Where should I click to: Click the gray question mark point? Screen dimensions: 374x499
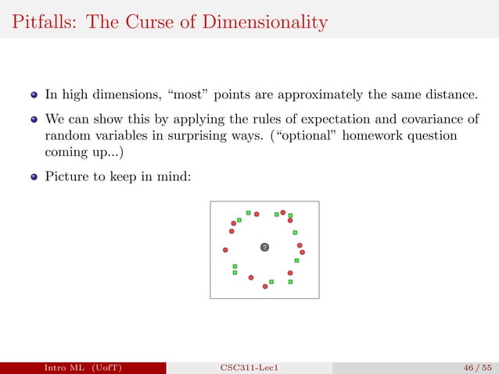[264, 248]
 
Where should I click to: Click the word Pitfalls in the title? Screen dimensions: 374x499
[40, 23]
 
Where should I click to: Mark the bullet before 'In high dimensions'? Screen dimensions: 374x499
[34, 96]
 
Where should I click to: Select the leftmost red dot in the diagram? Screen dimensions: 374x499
[225, 250]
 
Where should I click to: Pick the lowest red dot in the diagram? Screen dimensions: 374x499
[265, 287]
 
